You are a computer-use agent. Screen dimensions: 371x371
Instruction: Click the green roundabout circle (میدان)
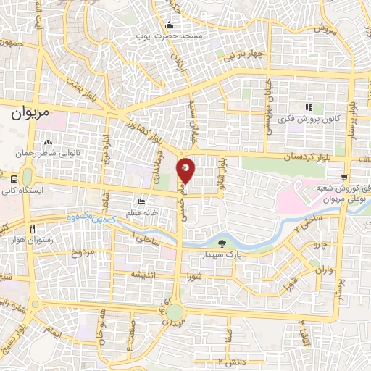coord(175,314)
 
